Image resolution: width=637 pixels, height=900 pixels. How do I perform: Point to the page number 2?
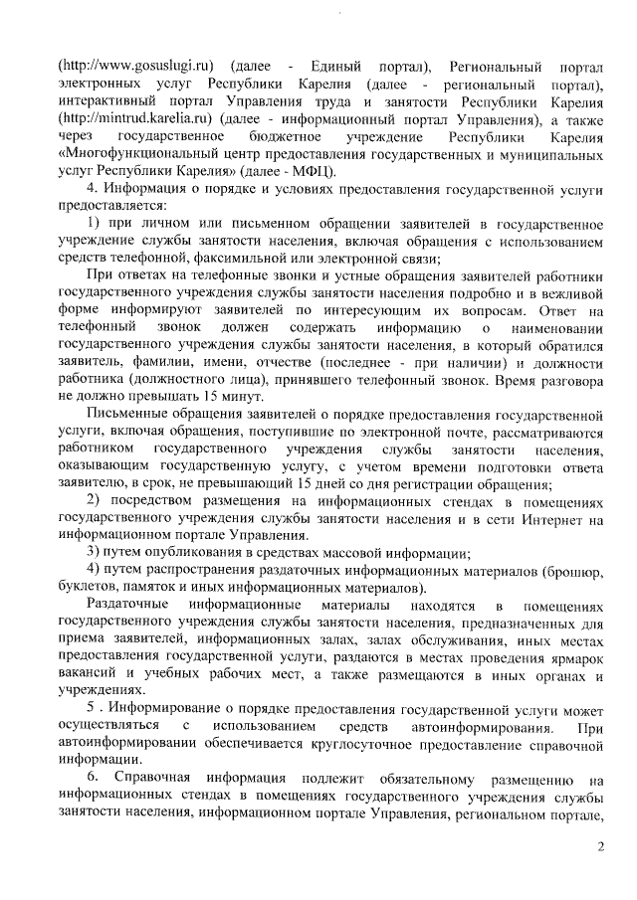pos(600,846)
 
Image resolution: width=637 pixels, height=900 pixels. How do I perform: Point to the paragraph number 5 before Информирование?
pos(92,708)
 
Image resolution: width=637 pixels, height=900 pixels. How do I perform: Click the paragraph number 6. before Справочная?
pos(95,776)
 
